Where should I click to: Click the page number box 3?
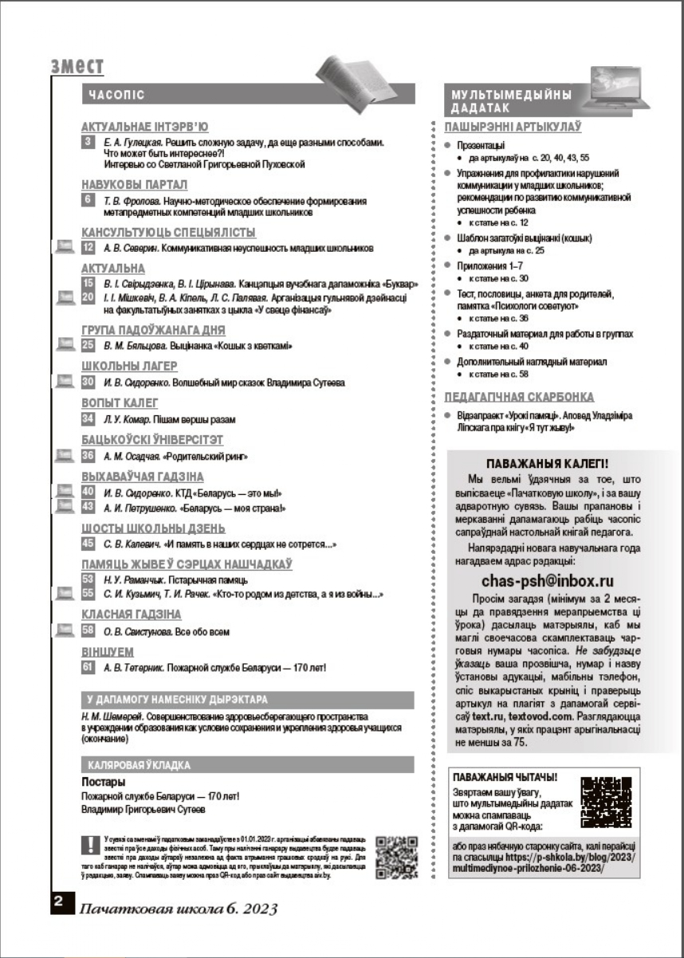click(x=88, y=142)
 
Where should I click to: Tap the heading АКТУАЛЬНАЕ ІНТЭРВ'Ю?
click(x=145, y=127)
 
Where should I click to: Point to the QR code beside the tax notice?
click(x=397, y=857)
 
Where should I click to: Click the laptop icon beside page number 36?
click(x=63, y=456)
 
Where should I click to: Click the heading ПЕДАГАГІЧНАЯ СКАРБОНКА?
click(x=519, y=397)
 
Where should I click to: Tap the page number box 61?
click(x=88, y=667)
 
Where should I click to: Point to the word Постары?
click(x=103, y=782)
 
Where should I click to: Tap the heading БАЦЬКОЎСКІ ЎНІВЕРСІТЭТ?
click(x=152, y=439)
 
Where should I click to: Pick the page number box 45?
click(x=88, y=544)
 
